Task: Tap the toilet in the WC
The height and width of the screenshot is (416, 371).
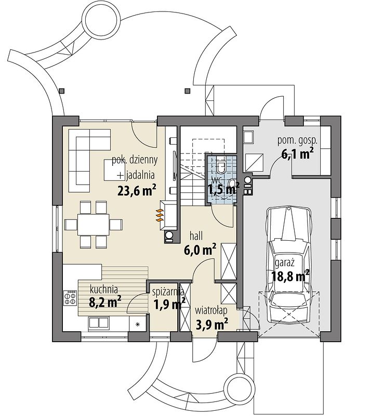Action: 221,165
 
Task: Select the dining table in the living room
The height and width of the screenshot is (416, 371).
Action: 94,225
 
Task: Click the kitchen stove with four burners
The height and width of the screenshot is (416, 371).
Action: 70,298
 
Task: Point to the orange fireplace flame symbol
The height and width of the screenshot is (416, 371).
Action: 159,215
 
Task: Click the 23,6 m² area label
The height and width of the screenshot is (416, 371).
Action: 136,190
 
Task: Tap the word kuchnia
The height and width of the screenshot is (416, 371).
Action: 104,290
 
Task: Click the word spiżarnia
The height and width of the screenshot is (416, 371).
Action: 168,292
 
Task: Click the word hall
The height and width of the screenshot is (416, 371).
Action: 196,236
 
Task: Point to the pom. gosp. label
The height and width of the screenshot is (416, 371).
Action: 297,141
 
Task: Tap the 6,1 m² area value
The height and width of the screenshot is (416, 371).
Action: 298,153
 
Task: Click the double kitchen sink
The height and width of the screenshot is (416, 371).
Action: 99,322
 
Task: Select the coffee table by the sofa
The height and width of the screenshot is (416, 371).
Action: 114,170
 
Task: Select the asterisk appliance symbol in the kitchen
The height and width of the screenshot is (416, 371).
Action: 138,324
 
